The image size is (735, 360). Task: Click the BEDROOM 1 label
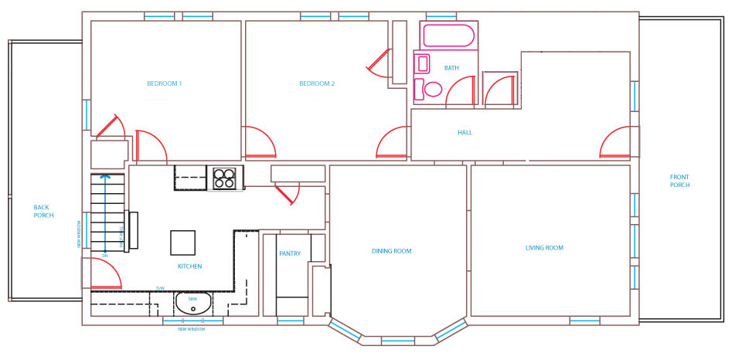click(164, 83)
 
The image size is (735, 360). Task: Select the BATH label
click(451, 68)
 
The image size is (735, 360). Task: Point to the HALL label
click(464, 132)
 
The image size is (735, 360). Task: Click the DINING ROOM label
click(391, 251)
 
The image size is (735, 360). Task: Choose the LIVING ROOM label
click(544, 248)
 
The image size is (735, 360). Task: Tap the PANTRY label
click(289, 253)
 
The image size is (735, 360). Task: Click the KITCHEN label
click(189, 267)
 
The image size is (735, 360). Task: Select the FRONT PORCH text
click(679, 182)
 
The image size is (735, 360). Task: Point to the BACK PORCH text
click(44, 210)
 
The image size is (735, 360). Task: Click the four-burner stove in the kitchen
click(224, 178)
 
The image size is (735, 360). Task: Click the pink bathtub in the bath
click(448, 36)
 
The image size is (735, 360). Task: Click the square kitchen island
click(184, 243)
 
